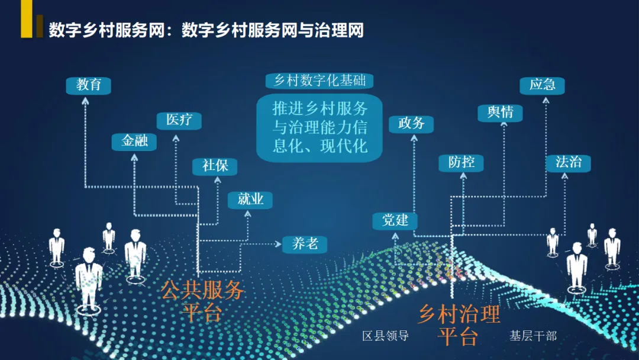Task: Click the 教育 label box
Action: click(x=89, y=85)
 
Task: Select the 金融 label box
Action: click(x=134, y=142)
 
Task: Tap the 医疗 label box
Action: click(x=179, y=120)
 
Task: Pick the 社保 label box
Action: click(x=215, y=166)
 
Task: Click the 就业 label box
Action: click(x=250, y=200)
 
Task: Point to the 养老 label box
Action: click(x=305, y=243)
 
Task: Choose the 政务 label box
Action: click(x=411, y=124)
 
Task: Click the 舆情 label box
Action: click(x=500, y=112)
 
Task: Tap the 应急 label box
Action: click(x=542, y=85)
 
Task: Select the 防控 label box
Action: click(x=461, y=162)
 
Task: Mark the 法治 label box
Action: click(x=568, y=162)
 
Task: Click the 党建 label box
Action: click(x=395, y=221)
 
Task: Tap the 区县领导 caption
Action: click(x=386, y=336)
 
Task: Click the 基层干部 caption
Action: click(x=533, y=336)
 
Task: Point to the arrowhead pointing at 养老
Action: click(x=276, y=243)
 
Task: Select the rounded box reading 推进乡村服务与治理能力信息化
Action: click(x=319, y=128)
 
